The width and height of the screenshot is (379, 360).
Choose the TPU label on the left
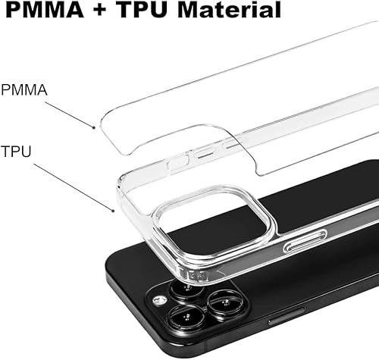pos(15,152)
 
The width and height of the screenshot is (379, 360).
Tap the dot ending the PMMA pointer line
pos(94,127)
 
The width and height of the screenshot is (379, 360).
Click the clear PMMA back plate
pos(250,91)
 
